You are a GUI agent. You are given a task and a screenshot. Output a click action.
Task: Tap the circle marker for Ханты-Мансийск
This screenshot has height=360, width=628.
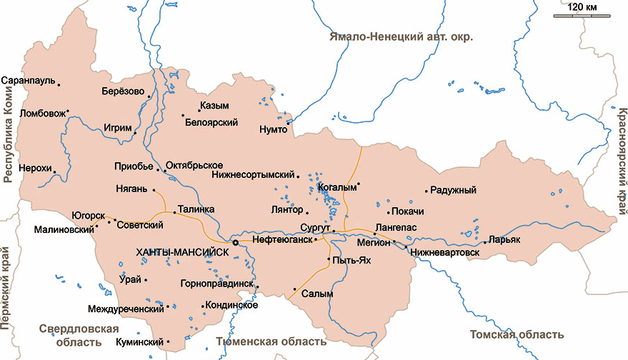click(x=235, y=243)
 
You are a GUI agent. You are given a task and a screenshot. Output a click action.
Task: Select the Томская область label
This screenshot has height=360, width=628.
click(x=517, y=334)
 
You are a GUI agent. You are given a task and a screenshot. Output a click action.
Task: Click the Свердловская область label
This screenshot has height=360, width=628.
click(x=79, y=334)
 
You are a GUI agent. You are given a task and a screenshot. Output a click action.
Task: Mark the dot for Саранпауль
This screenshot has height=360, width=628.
click(x=59, y=85)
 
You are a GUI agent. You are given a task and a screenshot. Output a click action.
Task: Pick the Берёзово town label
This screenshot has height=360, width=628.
click(x=123, y=92)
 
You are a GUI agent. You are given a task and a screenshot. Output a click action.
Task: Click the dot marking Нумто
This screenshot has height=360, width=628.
click(x=287, y=123)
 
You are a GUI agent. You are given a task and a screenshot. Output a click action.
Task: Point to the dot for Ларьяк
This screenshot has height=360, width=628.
click(x=484, y=243)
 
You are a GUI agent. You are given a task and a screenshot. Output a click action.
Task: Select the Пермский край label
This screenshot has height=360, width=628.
click(x=9, y=285)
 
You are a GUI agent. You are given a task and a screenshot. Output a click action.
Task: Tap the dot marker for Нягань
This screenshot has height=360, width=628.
click(x=154, y=190)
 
